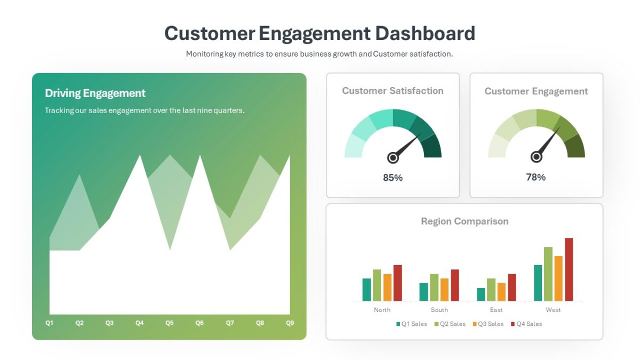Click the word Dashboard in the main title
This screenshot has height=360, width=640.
[425, 33]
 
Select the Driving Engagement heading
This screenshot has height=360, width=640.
[95, 93]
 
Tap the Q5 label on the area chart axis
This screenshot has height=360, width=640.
[170, 323]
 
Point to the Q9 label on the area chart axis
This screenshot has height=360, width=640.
[290, 323]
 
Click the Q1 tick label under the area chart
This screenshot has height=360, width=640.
[49, 323]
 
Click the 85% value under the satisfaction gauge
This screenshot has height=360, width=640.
[393, 178]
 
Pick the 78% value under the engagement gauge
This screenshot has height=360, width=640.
[535, 177]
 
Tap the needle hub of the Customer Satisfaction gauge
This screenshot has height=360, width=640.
[393, 157]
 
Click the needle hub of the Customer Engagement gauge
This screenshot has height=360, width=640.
[537, 157]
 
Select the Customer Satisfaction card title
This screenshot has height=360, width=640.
[393, 91]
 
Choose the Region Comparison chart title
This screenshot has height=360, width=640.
[465, 221]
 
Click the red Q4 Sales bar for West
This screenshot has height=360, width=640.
[569, 269]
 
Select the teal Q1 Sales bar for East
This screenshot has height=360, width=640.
[481, 294]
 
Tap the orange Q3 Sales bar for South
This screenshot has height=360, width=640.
[444, 290]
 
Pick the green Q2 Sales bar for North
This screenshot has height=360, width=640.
[377, 285]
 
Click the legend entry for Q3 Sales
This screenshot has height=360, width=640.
[488, 324]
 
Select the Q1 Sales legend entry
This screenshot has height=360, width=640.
[412, 324]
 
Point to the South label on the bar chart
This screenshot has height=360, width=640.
[439, 310]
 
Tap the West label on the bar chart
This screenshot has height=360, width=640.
[553, 310]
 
